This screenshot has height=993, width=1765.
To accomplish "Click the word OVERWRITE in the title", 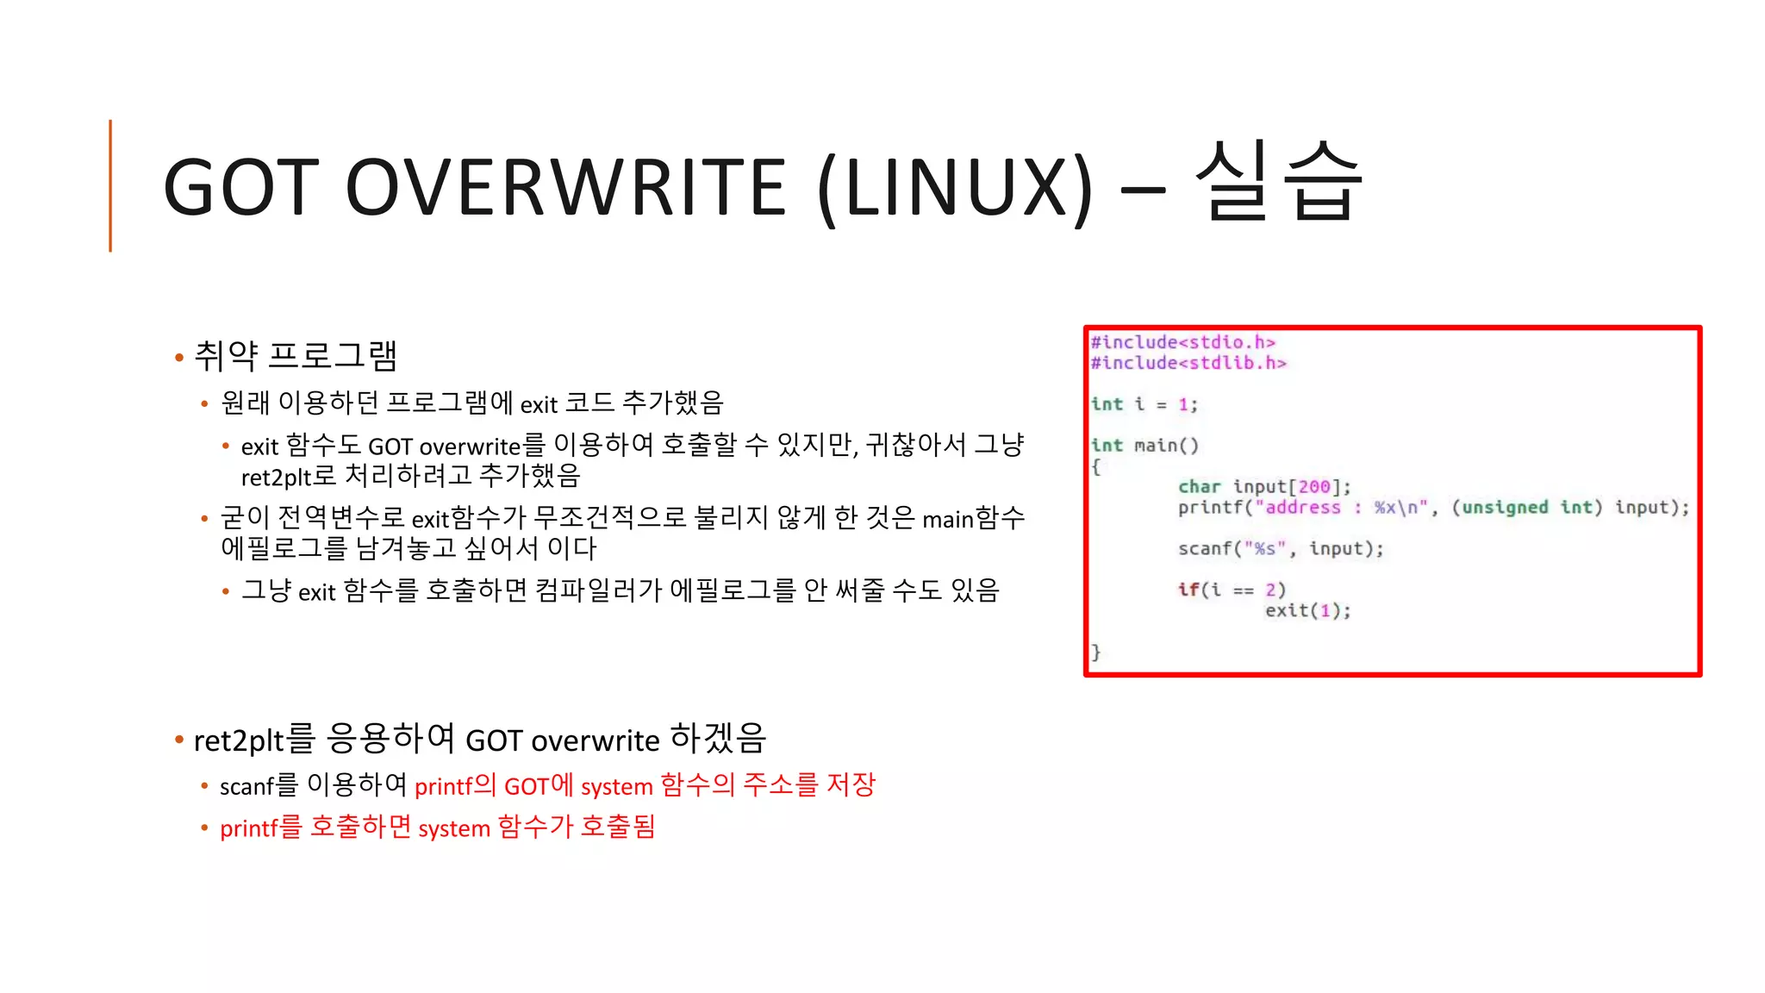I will click(565, 188).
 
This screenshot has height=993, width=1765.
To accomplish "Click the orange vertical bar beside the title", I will click(110, 185).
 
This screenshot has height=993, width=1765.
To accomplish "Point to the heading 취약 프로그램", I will click(296, 355).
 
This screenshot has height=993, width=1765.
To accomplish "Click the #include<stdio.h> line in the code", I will click(1182, 342).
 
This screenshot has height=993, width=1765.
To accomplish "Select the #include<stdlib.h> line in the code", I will click(1188, 363).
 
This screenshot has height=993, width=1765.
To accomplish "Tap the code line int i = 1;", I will click(1144, 404).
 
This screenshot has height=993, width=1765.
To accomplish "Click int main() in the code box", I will click(1144, 446).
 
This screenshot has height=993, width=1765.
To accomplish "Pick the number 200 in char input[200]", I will click(1314, 487).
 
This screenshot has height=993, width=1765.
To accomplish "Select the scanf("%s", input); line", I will click(1281, 549).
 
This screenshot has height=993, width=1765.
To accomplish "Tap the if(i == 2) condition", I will click(1232, 590).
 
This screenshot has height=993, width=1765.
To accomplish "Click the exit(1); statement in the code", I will click(1307, 611).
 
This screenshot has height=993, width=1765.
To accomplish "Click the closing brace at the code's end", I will click(1096, 652).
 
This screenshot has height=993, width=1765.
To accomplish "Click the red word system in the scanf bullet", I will click(616, 786).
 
